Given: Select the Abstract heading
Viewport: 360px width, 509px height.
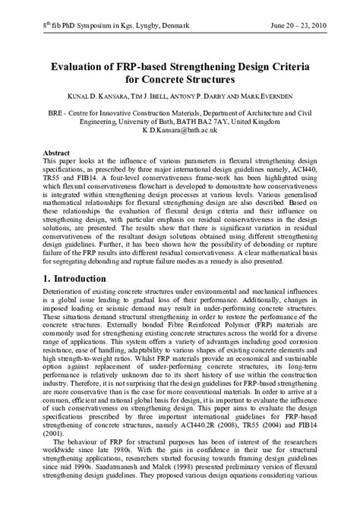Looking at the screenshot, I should [57, 152].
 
